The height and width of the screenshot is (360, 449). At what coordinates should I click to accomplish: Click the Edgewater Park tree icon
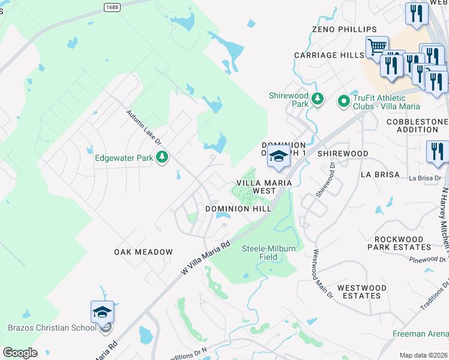(x=161, y=158)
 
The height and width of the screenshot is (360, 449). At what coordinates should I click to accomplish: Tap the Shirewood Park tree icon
(x=318, y=98)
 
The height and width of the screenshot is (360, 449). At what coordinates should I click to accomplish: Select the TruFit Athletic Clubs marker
(x=344, y=101)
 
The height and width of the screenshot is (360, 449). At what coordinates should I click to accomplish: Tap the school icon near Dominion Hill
(x=279, y=156)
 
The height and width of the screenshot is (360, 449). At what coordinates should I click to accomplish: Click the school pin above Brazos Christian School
(x=102, y=312)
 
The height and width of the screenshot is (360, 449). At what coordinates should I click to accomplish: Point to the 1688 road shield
(x=112, y=7)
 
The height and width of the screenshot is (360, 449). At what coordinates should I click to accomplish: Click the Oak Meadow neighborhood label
(x=143, y=252)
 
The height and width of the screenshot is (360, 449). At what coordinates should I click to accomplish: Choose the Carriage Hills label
(x=329, y=55)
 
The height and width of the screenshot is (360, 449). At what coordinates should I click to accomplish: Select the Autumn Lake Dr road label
(x=143, y=127)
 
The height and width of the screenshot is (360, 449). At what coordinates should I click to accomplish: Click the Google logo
(x=20, y=353)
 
